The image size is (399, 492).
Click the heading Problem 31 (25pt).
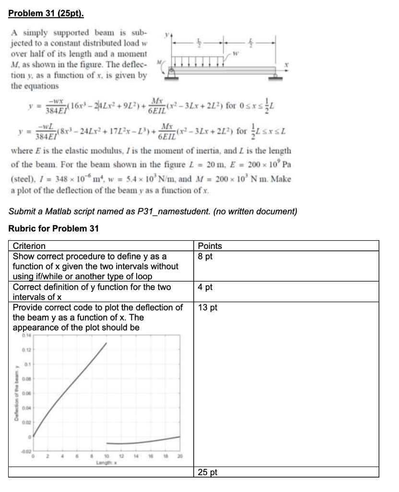(x=46, y=14)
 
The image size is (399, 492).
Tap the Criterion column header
(x=29, y=246)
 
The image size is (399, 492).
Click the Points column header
(x=210, y=246)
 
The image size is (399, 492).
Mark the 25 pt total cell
(x=208, y=472)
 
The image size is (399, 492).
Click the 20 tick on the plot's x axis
(x=180, y=455)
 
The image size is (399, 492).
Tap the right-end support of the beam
(x=276, y=74)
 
